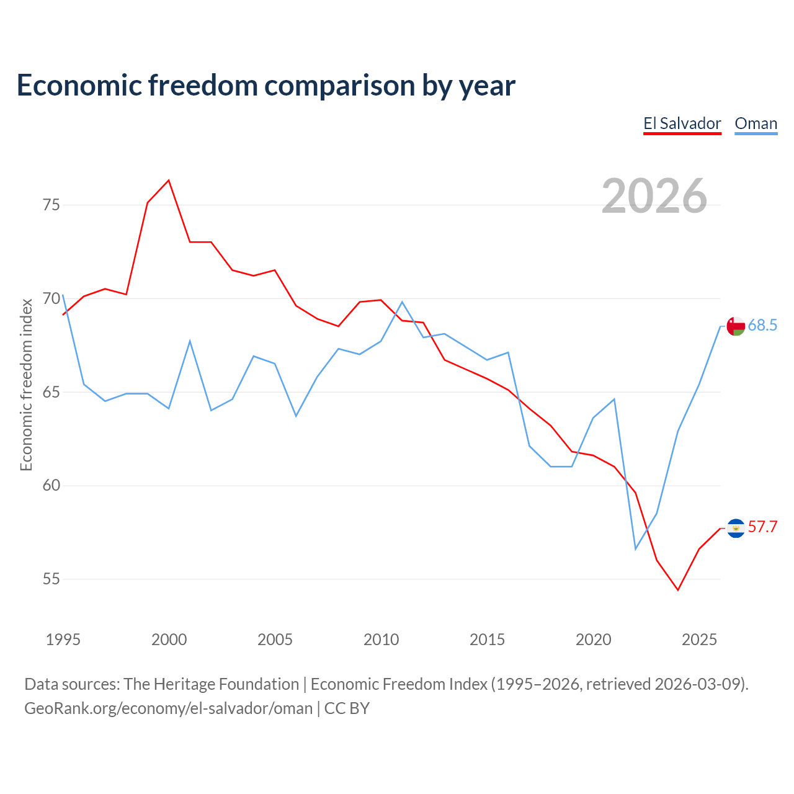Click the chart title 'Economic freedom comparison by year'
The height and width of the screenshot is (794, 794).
[x=265, y=86]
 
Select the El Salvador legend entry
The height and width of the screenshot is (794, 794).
[x=682, y=123]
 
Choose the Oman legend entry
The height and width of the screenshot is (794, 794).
[x=756, y=123]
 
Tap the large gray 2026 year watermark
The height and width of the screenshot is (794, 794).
[x=654, y=196]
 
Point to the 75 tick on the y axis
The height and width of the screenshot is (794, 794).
[x=51, y=205]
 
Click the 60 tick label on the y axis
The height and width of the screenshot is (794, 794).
[x=51, y=485]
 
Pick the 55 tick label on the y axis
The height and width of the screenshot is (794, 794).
[x=51, y=579]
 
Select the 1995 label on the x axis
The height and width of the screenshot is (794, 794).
[x=63, y=640]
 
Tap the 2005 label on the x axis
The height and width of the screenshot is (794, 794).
[x=275, y=640]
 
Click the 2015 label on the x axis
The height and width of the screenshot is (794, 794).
[x=487, y=640]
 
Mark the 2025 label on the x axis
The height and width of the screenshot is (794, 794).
[x=699, y=640]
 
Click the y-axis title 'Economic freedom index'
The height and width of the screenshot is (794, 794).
[x=27, y=385]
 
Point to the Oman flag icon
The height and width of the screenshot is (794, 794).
[x=736, y=326]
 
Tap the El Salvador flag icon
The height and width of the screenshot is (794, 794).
[x=736, y=529]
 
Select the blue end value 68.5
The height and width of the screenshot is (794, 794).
[x=762, y=325]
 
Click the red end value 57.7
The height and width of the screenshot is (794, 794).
[x=762, y=527]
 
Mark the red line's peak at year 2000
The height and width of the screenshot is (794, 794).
[x=169, y=180]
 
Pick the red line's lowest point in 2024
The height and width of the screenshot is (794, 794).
[x=678, y=590]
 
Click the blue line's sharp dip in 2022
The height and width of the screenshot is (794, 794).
[x=635, y=549]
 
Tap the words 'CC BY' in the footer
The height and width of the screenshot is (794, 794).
[x=347, y=708]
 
